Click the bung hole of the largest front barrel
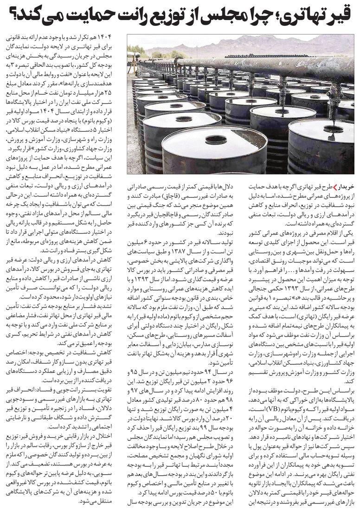[x=216, y=139]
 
